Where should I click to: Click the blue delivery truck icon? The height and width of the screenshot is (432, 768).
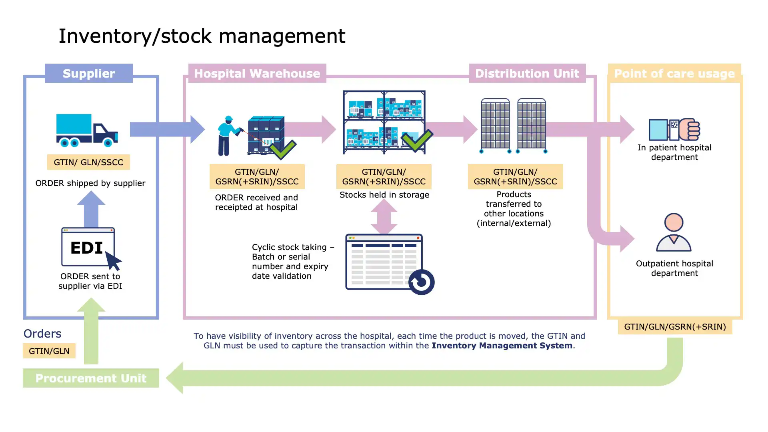[87, 130]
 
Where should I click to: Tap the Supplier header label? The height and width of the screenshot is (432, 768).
[88, 73]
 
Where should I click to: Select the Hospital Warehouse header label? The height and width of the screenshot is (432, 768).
[257, 73]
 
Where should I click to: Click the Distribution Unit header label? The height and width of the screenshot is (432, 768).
[527, 73]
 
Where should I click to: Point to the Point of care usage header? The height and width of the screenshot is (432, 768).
[674, 74]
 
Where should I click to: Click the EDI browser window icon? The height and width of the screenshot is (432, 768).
[88, 247]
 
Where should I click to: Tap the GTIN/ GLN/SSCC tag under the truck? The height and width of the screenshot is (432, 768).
[88, 162]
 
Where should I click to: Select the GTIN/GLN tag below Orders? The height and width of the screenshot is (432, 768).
[49, 351]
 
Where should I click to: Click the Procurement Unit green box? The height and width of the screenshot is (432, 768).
[91, 378]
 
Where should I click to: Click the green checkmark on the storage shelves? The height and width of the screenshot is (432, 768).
[417, 140]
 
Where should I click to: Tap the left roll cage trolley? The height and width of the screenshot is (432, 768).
[495, 126]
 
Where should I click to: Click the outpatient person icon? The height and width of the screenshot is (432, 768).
[674, 232]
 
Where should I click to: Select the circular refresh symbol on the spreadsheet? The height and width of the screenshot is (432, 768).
[421, 282]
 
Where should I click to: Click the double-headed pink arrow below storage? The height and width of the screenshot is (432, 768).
[384, 216]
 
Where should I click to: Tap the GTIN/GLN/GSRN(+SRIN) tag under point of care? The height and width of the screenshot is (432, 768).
[675, 326]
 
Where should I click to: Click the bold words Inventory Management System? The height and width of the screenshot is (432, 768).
[502, 346]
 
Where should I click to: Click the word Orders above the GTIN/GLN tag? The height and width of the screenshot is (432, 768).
[42, 334]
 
